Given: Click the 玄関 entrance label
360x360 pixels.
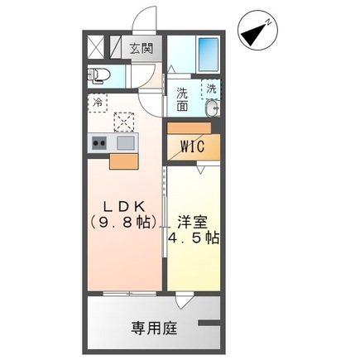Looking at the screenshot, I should pyautogui.click(x=142, y=48).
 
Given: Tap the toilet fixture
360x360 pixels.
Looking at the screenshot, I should pyautogui.click(x=100, y=76).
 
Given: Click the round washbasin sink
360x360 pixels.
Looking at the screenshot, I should pyautogui.click(x=213, y=108).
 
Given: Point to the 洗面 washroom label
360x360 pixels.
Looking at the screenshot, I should pyautogui.click(x=182, y=99).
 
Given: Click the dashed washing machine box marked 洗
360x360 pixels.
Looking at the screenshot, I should pyautogui.click(x=212, y=89).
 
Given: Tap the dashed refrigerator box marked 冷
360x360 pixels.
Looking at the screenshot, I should pyautogui.click(x=98, y=105).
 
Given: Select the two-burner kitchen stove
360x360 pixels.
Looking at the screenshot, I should pyautogui.click(x=99, y=143).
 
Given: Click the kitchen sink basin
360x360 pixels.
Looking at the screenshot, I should pyautogui.click(x=126, y=143).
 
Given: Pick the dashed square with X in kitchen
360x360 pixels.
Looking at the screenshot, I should pyautogui.click(x=125, y=122).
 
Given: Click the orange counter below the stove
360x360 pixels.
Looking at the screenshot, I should pyautogui.click(x=123, y=161).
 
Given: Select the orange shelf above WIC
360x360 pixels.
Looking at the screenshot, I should pyautogui.click(x=192, y=128).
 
